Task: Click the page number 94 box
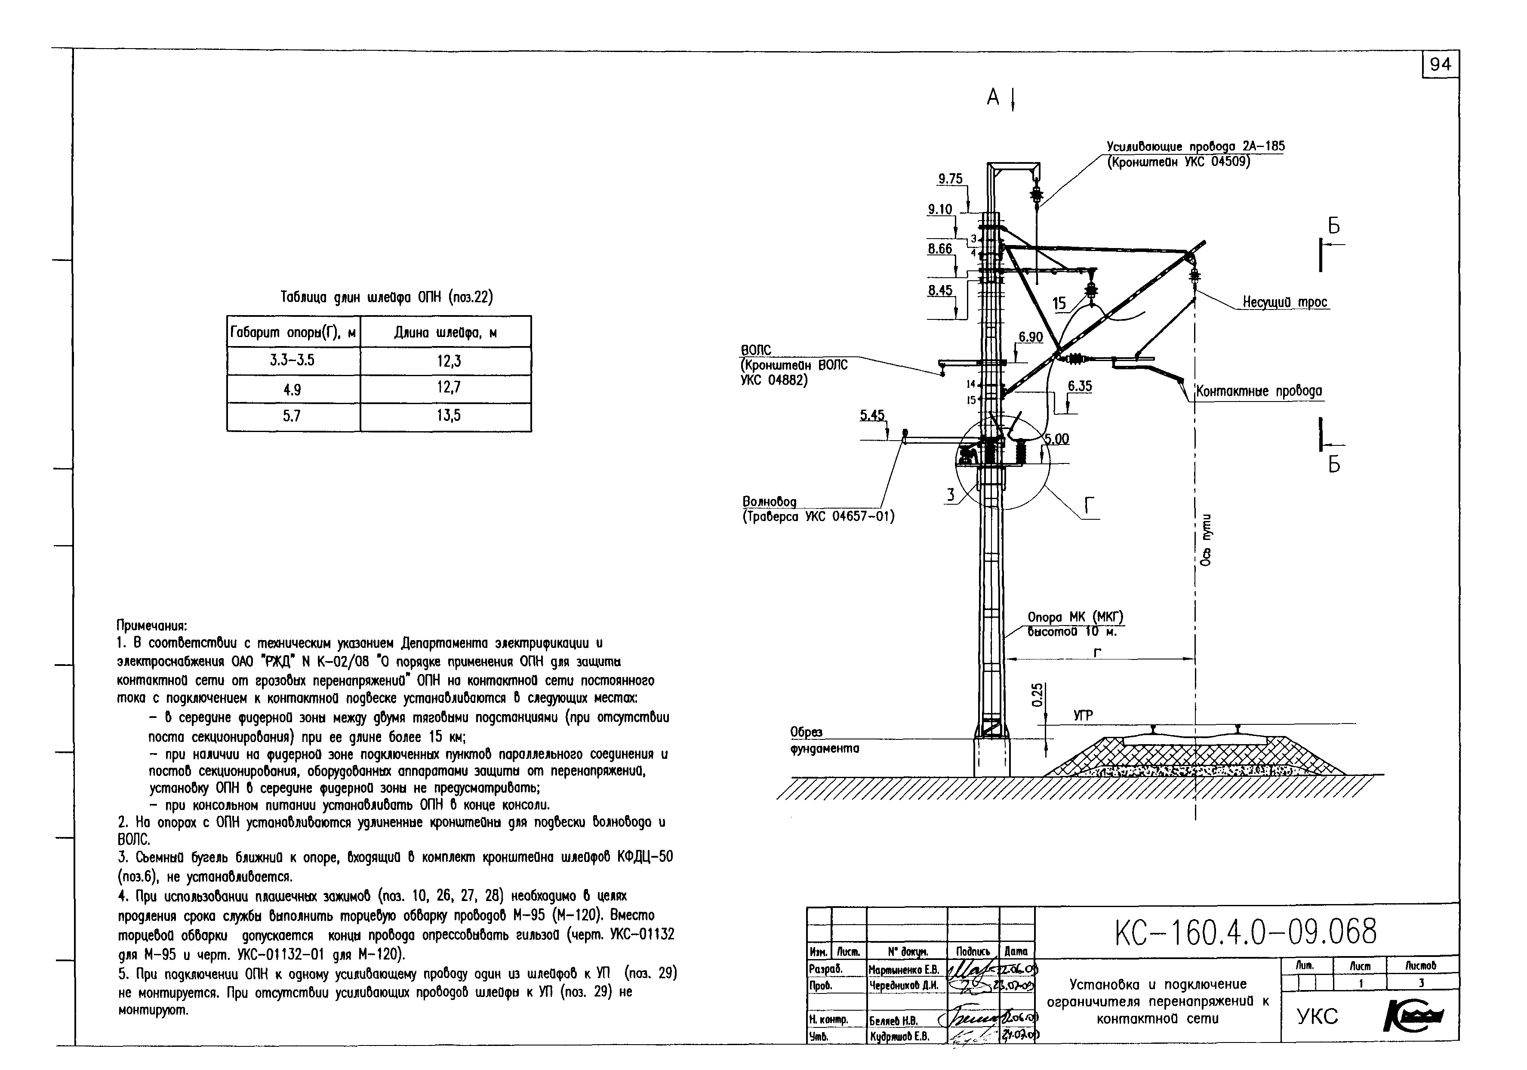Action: pyautogui.click(x=1440, y=64)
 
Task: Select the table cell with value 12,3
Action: pyautogui.click(x=448, y=361)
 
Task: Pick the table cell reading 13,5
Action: pyautogui.click(x=448, y=416)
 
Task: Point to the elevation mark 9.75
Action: pyautogui.click(x=950, y=179)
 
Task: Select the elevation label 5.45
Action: pyautogui.click(x=872, y=415)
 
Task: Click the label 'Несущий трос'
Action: pyautogui.click(x=1285, y=302)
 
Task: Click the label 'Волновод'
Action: pyautogui.click(x=769, y=501)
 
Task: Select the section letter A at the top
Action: pyautogui.click(x=993, y=98)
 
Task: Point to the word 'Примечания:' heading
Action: pyautogui.click(x=152, y=625)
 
